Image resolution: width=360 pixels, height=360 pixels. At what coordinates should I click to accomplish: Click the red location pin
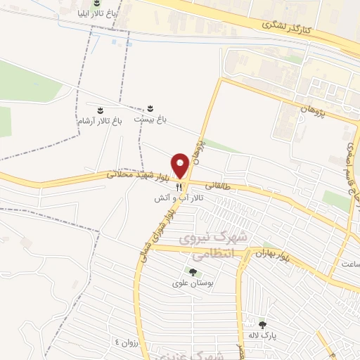[181, 166]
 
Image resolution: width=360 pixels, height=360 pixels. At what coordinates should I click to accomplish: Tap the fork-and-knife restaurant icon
[179, 187]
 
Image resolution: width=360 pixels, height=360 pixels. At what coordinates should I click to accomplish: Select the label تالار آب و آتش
[179, 199]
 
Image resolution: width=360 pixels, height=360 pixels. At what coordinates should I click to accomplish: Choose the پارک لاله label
[262, 335]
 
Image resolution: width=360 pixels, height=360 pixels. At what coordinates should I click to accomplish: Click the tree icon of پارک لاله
[263, 325]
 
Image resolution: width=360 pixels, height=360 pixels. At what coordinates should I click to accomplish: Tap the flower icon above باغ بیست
[150, 108]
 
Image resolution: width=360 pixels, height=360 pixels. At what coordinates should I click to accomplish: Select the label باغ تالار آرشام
[100, 121]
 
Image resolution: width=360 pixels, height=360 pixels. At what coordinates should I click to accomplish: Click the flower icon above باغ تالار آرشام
[101, 110]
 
